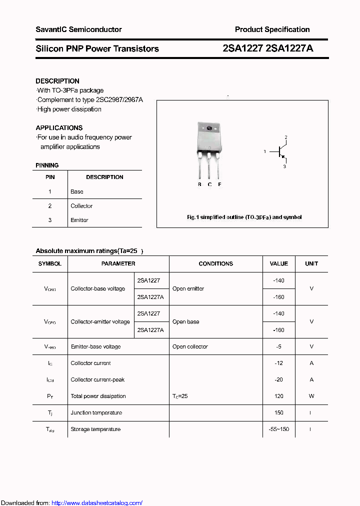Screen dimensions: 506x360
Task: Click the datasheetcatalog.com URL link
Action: [x=97, y=503]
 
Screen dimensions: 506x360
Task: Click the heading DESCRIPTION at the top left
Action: [x=57, y=81]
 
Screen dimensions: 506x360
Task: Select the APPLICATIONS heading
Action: [x=59, y=128]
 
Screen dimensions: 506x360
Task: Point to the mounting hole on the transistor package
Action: [x=209, y=128]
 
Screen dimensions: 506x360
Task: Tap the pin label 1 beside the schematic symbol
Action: [x=265, y=151]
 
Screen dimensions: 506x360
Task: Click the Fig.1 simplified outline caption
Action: [x=244, y=217]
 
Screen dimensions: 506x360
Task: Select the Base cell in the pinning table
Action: [x=77, y=191]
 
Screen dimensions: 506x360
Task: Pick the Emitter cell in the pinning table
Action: [x=79, y=220]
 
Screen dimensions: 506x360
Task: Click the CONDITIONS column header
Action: [x=215, y=263]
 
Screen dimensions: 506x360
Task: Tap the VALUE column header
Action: [x=279, y=263]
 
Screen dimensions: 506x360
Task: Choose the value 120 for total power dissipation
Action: [x=279, y=396]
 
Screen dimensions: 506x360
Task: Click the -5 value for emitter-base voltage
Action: [x=279, y=346]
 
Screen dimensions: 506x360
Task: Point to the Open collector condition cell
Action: [x=190, y=346]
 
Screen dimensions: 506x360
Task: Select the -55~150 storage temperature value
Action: [x=279, y=429]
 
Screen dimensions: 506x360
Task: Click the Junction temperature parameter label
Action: [x=96, y=412]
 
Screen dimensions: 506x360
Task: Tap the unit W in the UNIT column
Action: [x=311, y=396]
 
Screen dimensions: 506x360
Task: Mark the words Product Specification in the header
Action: [x=272, y=29]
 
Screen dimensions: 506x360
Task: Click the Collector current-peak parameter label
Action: [x=97, y=379]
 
